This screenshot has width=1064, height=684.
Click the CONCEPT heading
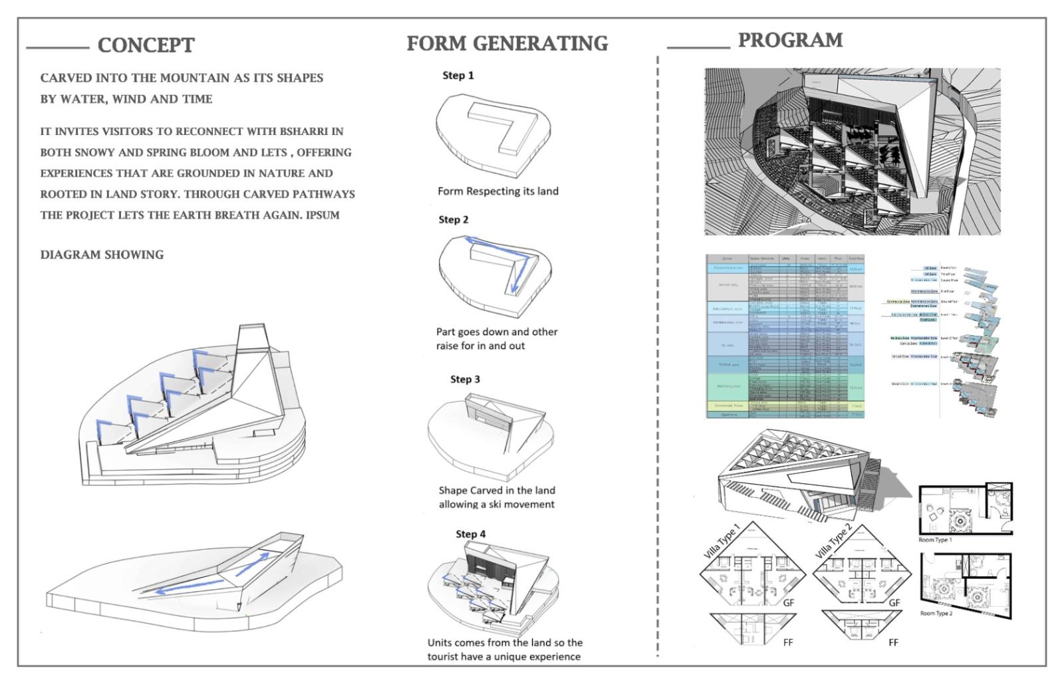point(146,45)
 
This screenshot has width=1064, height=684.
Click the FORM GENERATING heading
point(507,43)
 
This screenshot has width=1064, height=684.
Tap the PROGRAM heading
point(790,40)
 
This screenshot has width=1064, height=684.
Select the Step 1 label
point(458,76)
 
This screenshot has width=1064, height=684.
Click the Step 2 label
point(454,220)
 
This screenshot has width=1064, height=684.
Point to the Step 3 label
point(465,380)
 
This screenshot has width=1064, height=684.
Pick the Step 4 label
point(470,534)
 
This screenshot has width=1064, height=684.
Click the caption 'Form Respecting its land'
point(498,191)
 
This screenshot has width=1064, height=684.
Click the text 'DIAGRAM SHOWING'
point(102,255)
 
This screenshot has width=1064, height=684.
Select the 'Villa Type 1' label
point(722,541)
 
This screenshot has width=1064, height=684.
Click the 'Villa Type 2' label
point(833,542)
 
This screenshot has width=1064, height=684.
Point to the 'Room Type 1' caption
point(935,540)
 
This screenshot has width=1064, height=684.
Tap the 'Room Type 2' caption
point(936,614)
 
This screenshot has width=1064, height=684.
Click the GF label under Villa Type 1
point(789,603)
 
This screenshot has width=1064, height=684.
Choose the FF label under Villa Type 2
point(893,643)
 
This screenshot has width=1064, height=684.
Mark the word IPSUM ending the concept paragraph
point(323,215)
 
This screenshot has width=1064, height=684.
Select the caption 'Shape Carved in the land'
point(497,491)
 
